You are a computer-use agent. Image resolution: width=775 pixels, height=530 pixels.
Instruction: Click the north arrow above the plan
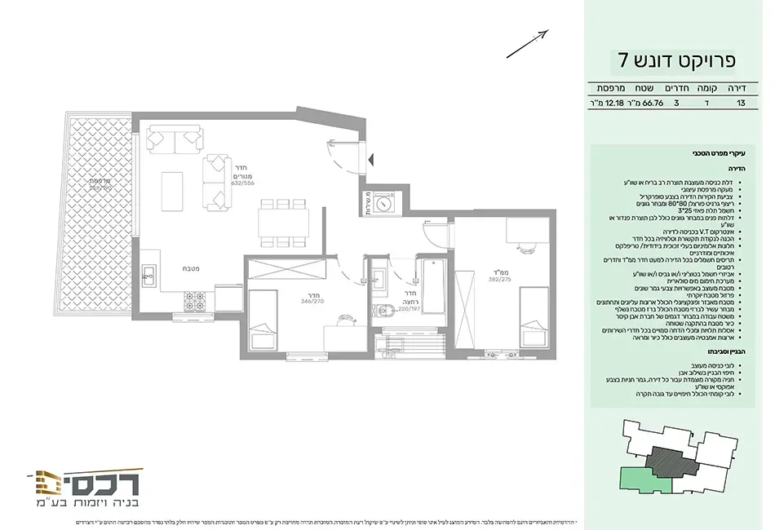(x=528, y=44)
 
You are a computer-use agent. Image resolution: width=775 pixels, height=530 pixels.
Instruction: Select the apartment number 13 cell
(x=741, y=104)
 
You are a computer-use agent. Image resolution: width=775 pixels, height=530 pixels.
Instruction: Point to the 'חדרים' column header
(x=678, y=87)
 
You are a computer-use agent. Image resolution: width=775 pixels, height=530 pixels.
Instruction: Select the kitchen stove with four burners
(x=196, y=302)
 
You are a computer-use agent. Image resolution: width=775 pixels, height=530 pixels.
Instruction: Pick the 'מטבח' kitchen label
(x=191, y=267)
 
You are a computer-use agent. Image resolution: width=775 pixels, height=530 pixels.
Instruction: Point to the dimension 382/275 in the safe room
(x=500, y=279)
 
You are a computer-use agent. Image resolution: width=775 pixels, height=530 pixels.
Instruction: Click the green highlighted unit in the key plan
(x=644, y=481)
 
